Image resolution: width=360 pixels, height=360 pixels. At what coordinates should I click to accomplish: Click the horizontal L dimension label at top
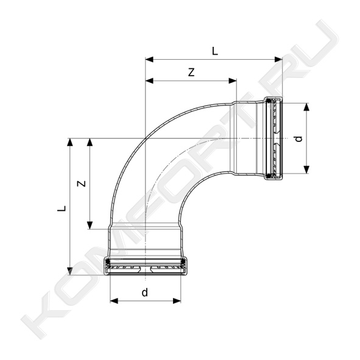[x=214, y=51]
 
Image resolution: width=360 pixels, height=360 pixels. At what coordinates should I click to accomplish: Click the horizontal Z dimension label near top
[x=191, y=72]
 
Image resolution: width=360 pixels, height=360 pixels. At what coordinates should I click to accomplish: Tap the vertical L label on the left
[x=62, y=208]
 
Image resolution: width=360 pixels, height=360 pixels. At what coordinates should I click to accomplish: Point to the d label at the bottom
[x=144, y=292]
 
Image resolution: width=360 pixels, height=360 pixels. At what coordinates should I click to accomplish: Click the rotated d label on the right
[x=298, y=139]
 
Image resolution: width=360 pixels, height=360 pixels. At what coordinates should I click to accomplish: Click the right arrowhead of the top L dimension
[x=278, y=60]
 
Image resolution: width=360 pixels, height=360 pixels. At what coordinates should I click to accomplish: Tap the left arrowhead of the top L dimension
[x=149, y=60]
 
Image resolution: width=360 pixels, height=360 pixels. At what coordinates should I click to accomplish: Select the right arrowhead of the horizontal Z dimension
[x=233, y=81]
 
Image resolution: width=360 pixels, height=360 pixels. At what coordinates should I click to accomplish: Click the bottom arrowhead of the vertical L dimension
[x=70, y=271]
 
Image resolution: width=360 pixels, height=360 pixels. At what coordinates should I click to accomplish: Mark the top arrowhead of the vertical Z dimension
[x=90, y=143]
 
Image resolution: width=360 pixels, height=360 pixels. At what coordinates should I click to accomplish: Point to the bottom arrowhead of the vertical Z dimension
[x=90, y=225]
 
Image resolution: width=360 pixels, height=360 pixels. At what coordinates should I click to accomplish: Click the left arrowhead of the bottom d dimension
[x=114, y=301]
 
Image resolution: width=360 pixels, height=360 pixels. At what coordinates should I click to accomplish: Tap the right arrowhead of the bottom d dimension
[x=177, y=301]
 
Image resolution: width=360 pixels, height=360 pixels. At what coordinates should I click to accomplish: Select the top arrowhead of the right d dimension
[x=306, y=107]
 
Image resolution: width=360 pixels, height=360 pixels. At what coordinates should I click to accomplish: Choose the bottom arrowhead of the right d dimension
[x=306, y=169]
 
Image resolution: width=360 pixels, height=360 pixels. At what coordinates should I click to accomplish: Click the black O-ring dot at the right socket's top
[x=269, y=101]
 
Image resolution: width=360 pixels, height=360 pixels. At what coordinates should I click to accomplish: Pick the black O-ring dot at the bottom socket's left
[x=107, y=261]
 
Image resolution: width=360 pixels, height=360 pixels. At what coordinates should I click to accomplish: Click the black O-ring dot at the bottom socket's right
[x=183, y=261]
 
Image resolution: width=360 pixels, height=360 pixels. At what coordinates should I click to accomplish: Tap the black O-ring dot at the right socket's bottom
[x=269, y=176]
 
